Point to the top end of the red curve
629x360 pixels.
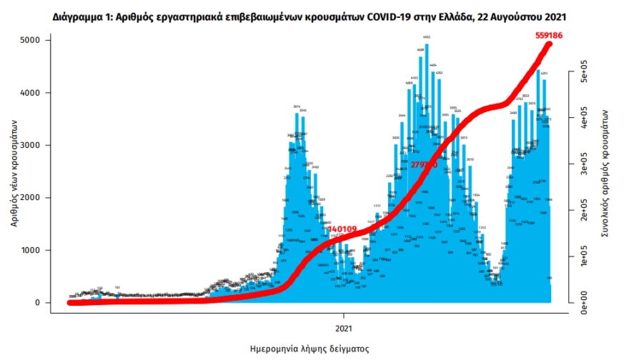(x=550, y=44)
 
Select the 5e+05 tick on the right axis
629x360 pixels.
(x=583, y=74)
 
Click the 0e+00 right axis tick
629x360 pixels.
(x=583, y=303)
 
